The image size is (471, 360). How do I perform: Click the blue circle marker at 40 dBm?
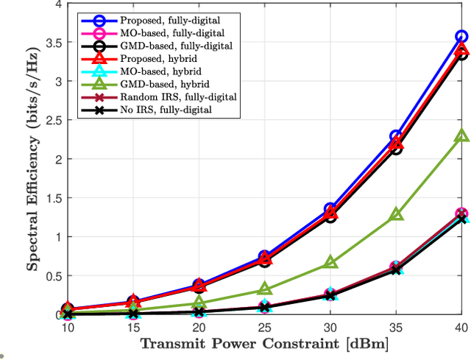[x=461, y=36]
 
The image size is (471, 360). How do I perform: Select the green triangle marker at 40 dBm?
[x=461, y=136]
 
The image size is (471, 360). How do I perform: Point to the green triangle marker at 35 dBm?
[x=396, y=214]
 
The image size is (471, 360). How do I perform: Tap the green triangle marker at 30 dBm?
[x=330, y=263]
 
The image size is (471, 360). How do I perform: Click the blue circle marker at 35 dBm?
[x=396, y=136]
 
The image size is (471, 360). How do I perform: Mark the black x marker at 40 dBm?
[x=461, y=218]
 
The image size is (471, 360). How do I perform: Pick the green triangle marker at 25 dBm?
[x=265, y=290]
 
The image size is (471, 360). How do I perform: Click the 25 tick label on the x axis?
[x=265, y=326]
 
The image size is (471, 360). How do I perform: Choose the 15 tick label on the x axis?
[x=133, y=326]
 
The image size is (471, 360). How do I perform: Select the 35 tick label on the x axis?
[x=396, y=326]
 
